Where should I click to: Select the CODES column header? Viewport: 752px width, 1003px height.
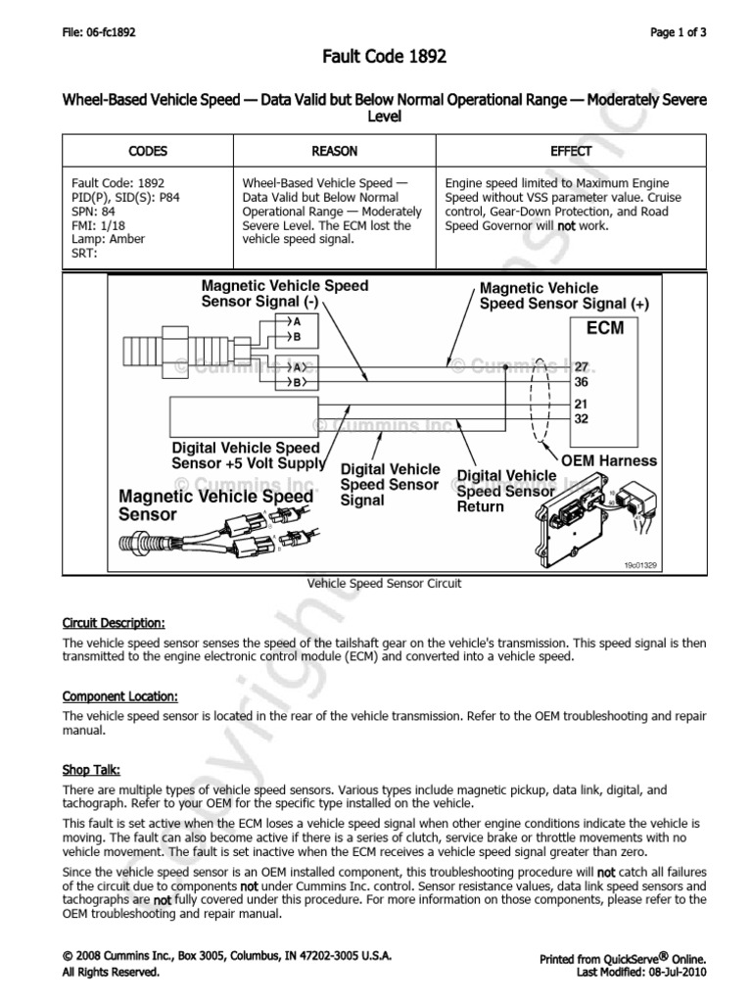pyautogui.click(x=148, y=151)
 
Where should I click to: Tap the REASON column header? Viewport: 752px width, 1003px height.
pyautogui.click(x=334, y=151)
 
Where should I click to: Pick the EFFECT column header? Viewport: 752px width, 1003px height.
pyautogui.click(x=571, y=151)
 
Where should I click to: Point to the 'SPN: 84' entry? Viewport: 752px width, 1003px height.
pyautogui.click(x=95, y=211)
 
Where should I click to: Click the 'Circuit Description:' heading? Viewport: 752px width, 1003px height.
pyautogui.click(x=114, y=623)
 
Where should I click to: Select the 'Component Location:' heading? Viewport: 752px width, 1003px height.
pyautogui.click(x=120, y=696)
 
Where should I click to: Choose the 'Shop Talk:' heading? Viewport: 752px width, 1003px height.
pyautogui.click(x=91, y=769)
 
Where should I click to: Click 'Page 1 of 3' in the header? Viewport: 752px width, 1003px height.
pyautogui.click(x=677, y=32)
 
